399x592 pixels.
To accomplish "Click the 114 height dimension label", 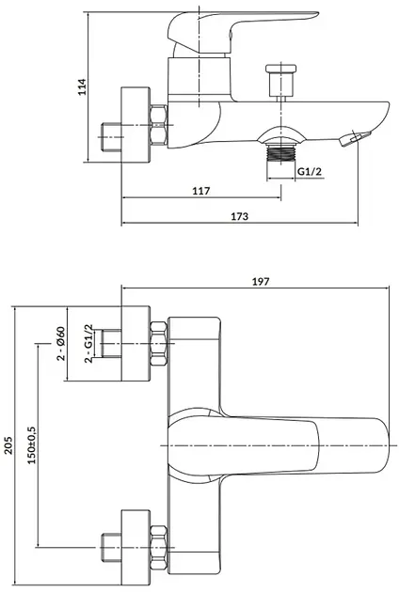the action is tap(83, 86).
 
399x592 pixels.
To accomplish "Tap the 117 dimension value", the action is tap(201, 191).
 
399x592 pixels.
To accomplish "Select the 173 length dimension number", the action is tap(240, 216).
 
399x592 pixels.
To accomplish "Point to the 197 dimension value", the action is tap(261, 281).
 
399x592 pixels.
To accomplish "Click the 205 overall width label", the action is tap(8, 445).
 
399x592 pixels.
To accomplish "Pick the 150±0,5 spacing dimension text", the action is tap(32, 445).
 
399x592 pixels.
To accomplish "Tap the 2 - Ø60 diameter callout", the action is tap(61, 344).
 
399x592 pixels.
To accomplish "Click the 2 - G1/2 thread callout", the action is tap(88, 343).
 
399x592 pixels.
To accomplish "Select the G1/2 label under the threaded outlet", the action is tap(310, 171).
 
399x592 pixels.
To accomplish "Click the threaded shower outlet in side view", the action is tap(280, 154).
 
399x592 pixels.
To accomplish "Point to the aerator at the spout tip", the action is tap(355, 138).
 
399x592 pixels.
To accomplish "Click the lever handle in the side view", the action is tap(242, 32).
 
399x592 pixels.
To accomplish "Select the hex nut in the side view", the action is tap(158, 125).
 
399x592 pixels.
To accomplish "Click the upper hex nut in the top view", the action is tap(159, 343).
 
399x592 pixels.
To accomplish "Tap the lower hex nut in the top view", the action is tap(159, 548).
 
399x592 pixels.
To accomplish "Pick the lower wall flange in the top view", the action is tap(136, 548).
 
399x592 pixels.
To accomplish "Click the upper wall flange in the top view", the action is tap(136, 343).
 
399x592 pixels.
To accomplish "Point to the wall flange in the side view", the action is tap(136, 125).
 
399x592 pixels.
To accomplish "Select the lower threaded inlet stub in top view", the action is tap(111, 548).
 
